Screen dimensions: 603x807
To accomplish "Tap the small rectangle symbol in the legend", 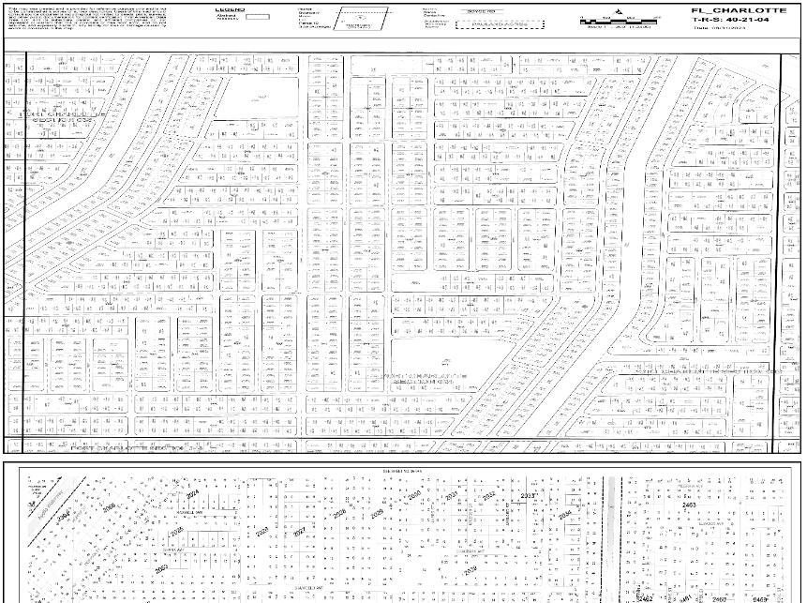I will pos(257,17).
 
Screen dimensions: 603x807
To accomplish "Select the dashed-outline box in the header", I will pos(488,24).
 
